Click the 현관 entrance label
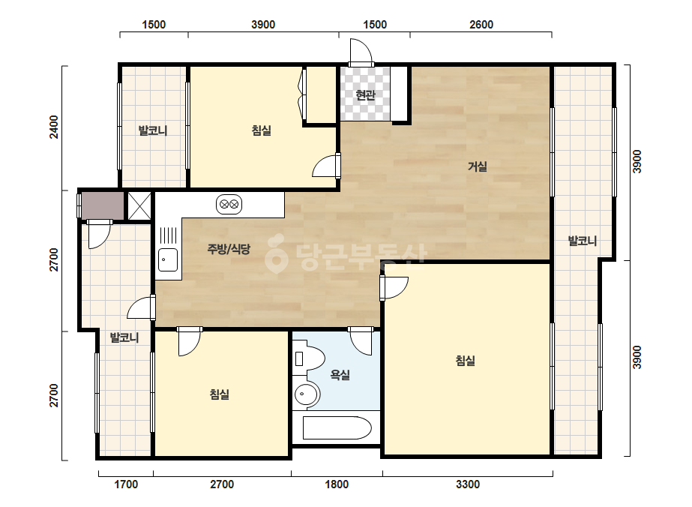pyautogui.click(x=365, y=95)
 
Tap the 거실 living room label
pyautogui.click(x=478, y=166)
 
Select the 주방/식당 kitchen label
pyautogui.click(x=229, y=249)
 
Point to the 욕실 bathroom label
pyautogui.click(x=340, y=375)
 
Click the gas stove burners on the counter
pyautogui.click(x=229, y=205)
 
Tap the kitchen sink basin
pyautogui.click(x=168, y=259)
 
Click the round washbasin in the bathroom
pyautogui.click(x=307, y=392)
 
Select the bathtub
pyautogui.click(x=337, y=427)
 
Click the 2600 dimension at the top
pyautogui.click(x=481, y=24)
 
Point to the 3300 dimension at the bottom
pyautogui.click(x=467, y=484)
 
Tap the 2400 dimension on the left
pyautogui.click(x=53, y=127)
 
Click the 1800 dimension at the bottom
pyautogui.click(x=337, y=484)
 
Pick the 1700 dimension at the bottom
pyautogui.click(x=126, y=484)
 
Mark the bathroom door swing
pyautogui.click(x=361, y=341)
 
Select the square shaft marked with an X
pyautogui.click(x=139, y=205)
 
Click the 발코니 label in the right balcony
pyautogui.click(x=582, y=241)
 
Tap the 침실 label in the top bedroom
pyautogui.click(x=261, y=130)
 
